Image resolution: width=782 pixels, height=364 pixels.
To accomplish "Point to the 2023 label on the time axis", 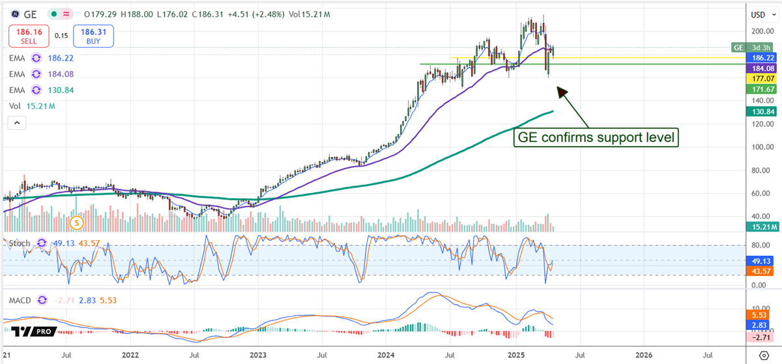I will coord(257,355).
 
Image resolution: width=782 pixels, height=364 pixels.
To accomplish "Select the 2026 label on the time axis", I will coord(643,355).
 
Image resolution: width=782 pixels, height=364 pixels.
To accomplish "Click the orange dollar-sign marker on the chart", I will coord(78,223).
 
